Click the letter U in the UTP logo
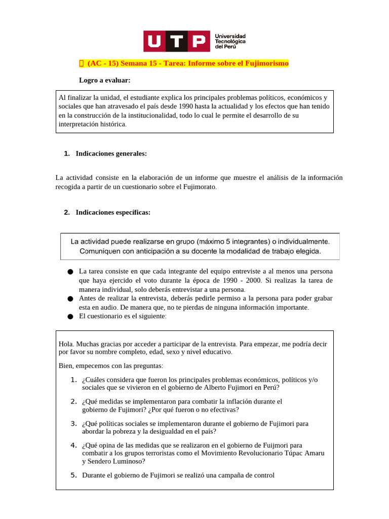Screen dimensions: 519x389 pos(154,41)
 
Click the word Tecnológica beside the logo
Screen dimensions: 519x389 pos(230,41)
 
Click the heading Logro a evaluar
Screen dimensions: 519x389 pos(104,80)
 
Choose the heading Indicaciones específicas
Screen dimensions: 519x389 pos(113,212)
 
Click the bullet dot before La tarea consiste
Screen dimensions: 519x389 pos(70,272)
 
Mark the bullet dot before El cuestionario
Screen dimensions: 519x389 pos(70,317)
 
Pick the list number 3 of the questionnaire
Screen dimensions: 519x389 pos(73,423)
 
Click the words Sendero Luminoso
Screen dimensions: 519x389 pos(116,461)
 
